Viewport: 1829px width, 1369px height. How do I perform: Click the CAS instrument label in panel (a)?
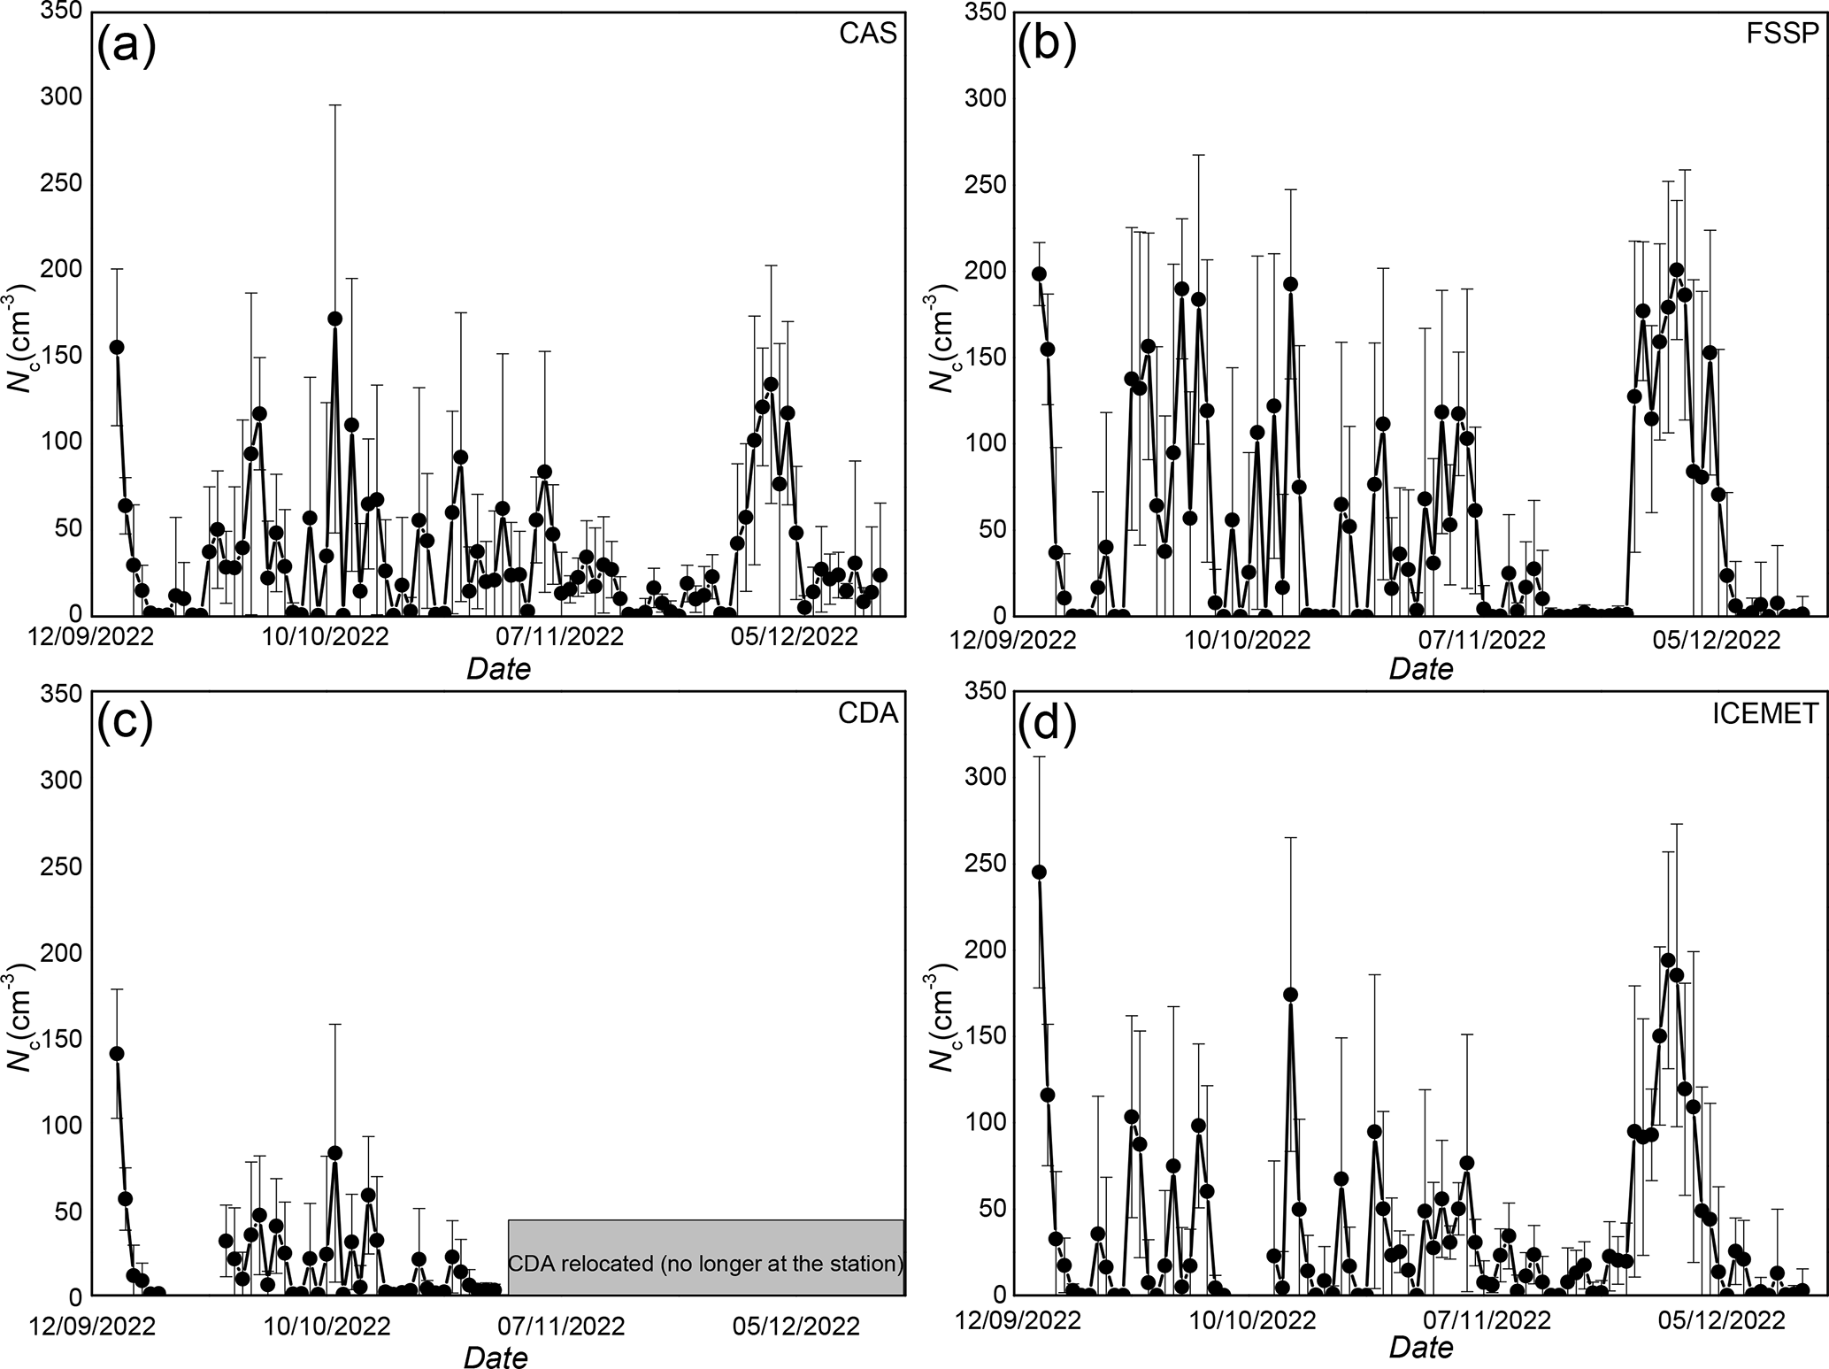(867, 34)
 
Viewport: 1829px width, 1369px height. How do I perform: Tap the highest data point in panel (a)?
(334, 319)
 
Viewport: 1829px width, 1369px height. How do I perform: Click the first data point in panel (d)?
(1039, 872)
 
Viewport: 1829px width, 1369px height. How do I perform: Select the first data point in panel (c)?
(117, 1053)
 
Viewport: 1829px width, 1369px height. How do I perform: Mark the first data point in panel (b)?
(1039, 273)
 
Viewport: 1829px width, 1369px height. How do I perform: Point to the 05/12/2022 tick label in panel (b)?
(1718, 640)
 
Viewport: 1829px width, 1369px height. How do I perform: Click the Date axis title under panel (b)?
(1421, 669)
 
